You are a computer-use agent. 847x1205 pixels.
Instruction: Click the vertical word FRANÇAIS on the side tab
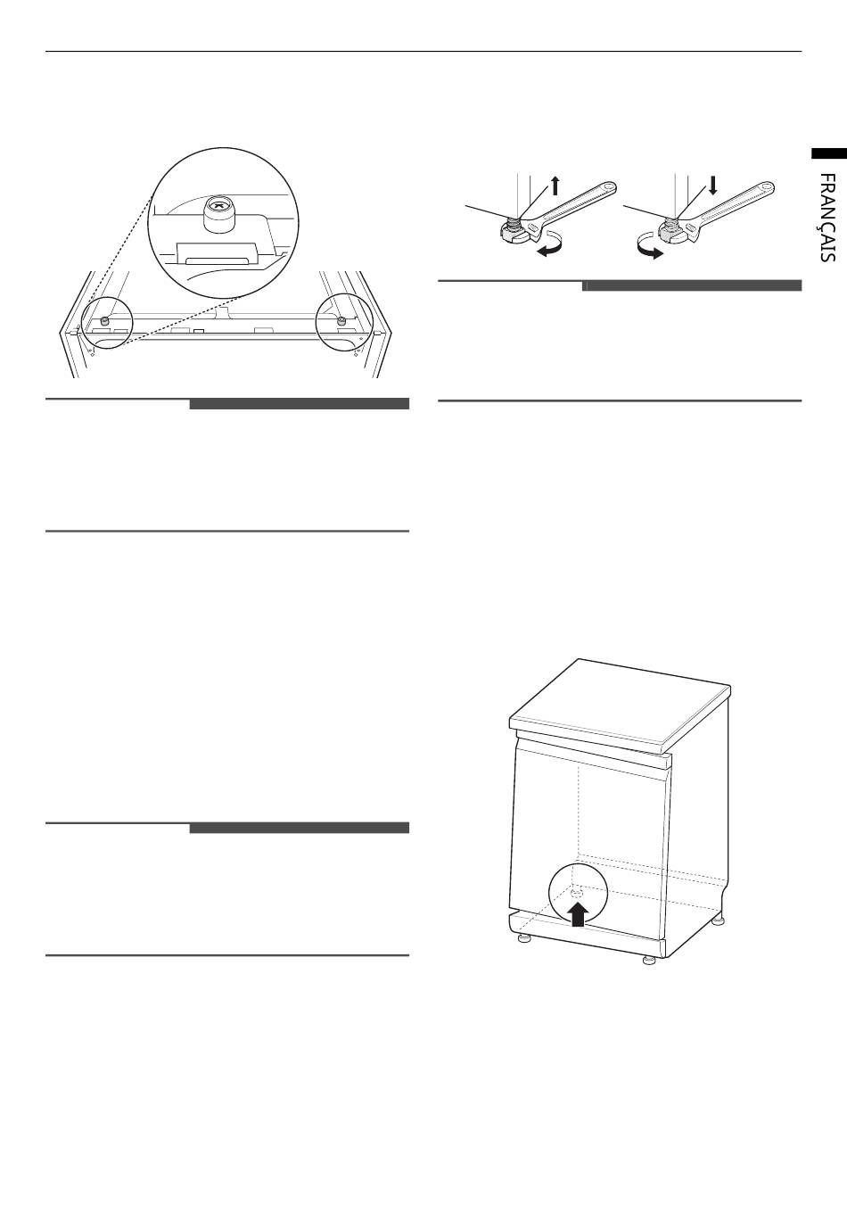[827, 218]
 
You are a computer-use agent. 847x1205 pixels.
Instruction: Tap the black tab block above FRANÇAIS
[829, 153]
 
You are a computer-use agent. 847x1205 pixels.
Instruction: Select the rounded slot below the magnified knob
[218, 261]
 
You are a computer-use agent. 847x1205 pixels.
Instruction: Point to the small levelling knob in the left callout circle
[106, 320]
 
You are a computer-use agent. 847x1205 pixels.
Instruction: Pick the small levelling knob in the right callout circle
[341, 321]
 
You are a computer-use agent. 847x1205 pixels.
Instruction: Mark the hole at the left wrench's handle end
[607, 187]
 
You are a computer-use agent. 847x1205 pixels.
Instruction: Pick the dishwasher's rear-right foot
[718, 921]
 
